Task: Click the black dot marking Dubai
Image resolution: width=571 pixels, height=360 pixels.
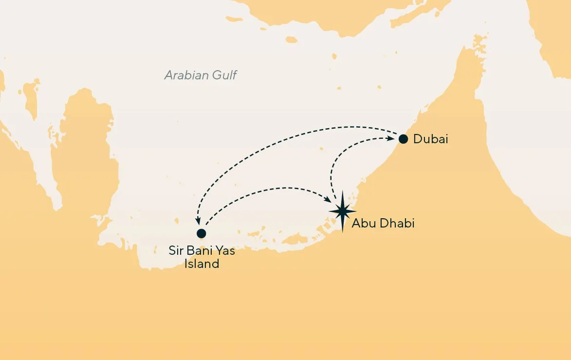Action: tap(403, 139)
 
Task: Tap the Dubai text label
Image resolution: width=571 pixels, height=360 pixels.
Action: tap(430, 139)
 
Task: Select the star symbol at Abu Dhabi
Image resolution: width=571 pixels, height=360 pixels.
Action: tap(343, 211)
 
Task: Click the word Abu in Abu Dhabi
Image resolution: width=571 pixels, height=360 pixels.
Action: tap(362, 224)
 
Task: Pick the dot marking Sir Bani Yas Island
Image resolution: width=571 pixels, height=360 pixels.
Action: tap(201, 233)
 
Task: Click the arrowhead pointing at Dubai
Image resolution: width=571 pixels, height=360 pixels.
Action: tap(391, 138)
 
